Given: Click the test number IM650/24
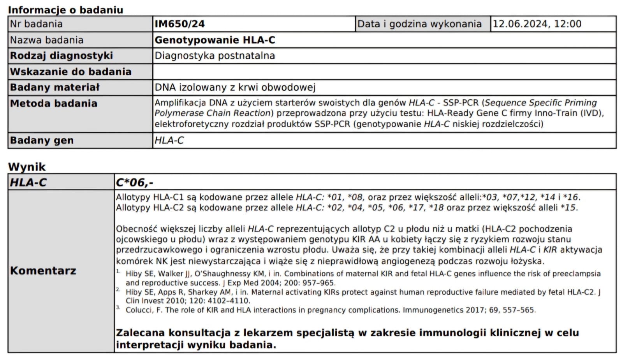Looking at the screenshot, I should click(x=180, y=24).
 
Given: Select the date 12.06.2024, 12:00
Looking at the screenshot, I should click(x=537, y=24).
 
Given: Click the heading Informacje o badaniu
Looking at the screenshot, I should click(x=65, y=10).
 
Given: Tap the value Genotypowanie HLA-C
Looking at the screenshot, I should click(x=215, y=40).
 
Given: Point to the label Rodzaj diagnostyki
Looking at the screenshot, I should click(x=62, y=56).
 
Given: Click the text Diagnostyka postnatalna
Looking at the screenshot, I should click(x=215, y=56).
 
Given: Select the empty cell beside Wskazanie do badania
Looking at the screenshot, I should click(x=384, y=72).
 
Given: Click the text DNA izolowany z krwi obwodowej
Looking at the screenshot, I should click(x=235, y=88).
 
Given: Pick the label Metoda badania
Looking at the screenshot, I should click(x=54, y=104).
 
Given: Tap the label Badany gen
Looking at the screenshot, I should click(x=42, y=140).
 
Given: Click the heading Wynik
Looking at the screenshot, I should click(x=27, y=167).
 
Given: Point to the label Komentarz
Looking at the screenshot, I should click(x=43, y=271).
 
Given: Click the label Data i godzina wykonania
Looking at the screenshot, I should click(x=419, y=24).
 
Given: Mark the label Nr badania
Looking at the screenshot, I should click(x=36, y=24).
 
